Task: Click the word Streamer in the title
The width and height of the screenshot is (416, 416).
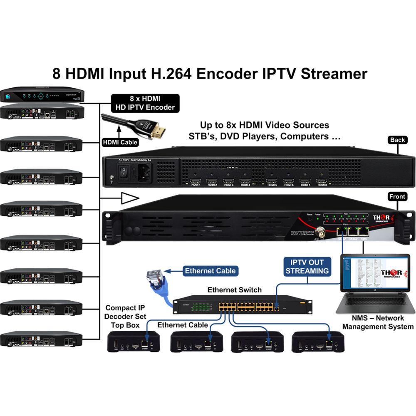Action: coord(333,74)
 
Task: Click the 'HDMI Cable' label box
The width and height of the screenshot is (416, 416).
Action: coord(120,142)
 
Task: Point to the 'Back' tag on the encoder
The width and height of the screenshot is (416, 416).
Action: coord(397,140)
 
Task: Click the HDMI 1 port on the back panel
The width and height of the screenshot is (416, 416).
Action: coord(195,181)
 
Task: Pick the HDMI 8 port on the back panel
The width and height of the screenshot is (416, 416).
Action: coord(321,181)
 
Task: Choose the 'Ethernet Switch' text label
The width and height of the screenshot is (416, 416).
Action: coord(235,290)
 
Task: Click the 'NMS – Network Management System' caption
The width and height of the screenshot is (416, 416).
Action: coord(378,322)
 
